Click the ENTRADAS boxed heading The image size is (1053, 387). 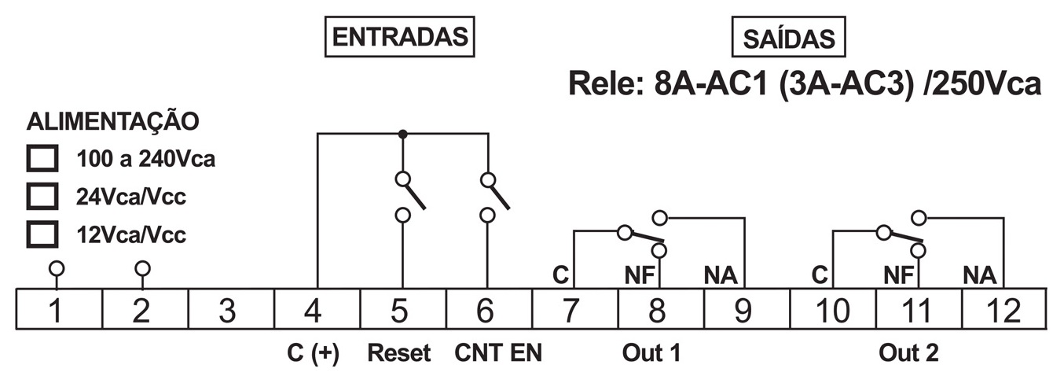click(x=400, y=37)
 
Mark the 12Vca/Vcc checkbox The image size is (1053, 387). click(x=43, y=234)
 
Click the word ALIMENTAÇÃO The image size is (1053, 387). click(x=112, y=122)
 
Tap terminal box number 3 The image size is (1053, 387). click(x=228, y=310)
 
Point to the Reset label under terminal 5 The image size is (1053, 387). click(x=400, y=353)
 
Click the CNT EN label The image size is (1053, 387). click(x=498, y=353)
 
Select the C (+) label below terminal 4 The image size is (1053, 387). click(x=313, y=353)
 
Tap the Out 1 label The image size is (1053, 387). click(x=651, y=353)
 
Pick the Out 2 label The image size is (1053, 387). click(x=908, y=353)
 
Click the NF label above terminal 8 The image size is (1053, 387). click(x=639, y=275)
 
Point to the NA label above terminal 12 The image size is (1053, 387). click(x=979, y=275)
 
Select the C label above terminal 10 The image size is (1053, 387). click(x=820, y=275)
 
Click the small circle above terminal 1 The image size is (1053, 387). click(x=55, y=268)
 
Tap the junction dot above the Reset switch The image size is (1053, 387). click(x=402, y=135)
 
